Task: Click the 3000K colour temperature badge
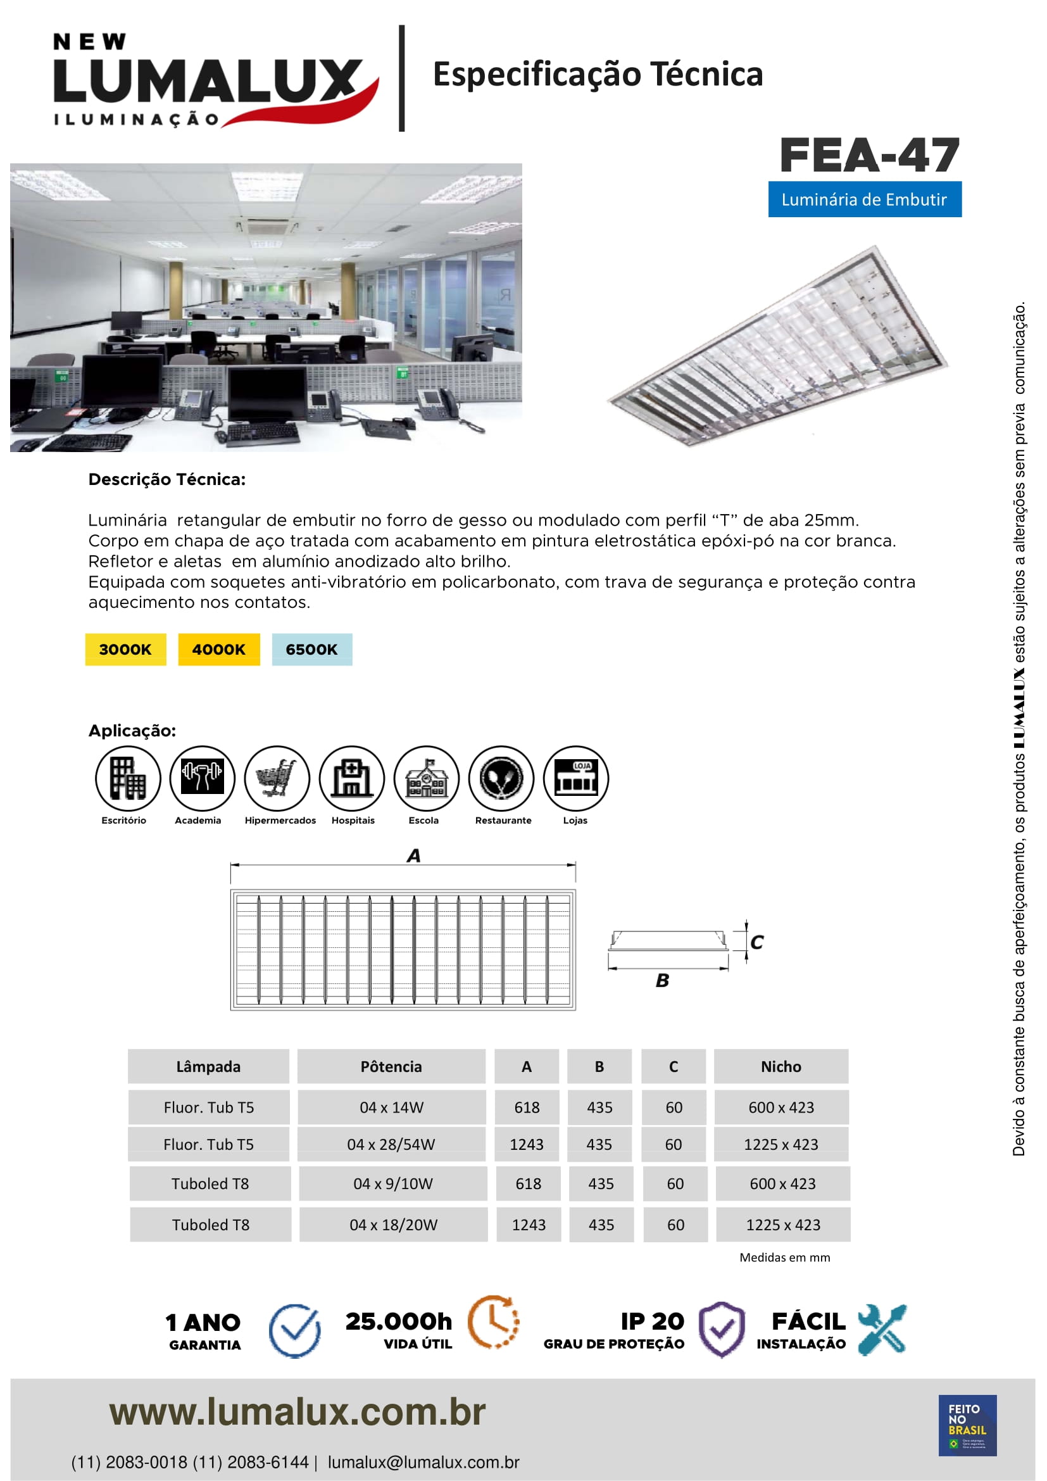pos(125,649)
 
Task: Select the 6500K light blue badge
pos(312,649)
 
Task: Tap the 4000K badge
pos(218,649)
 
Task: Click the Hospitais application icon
pos(352,778)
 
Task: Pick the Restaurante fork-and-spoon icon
pos(501,778)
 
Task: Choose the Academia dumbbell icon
pos(202,778)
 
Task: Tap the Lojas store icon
pos(575,778)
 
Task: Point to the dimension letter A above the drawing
pos(414,856)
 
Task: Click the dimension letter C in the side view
pos(757,942)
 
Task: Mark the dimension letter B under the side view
pos(662,980)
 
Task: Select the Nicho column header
pos(781,1066)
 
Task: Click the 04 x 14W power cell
pos(391,1107)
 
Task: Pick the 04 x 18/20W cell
pos(393,1225)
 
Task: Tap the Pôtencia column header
pos(391,1066)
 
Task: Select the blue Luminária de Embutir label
pos(864,199)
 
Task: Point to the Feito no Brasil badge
pos(967,1425)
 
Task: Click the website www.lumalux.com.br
pos(298,1412)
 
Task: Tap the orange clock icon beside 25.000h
pos(493,1321)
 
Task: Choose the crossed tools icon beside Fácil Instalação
pos(882,1329)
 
